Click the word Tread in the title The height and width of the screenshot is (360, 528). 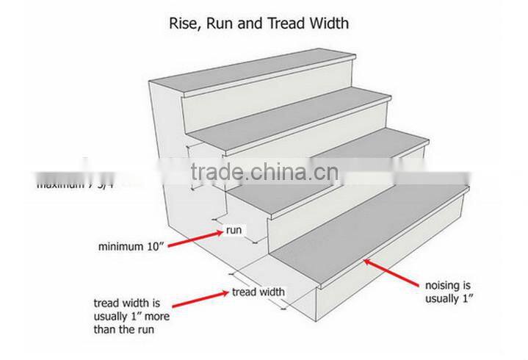(287, 24)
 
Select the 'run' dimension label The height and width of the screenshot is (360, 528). (234, 231)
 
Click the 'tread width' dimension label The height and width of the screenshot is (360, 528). (258, 292)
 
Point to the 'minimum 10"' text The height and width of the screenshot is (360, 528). (131, 247)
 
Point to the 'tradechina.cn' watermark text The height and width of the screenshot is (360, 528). (264, 174)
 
